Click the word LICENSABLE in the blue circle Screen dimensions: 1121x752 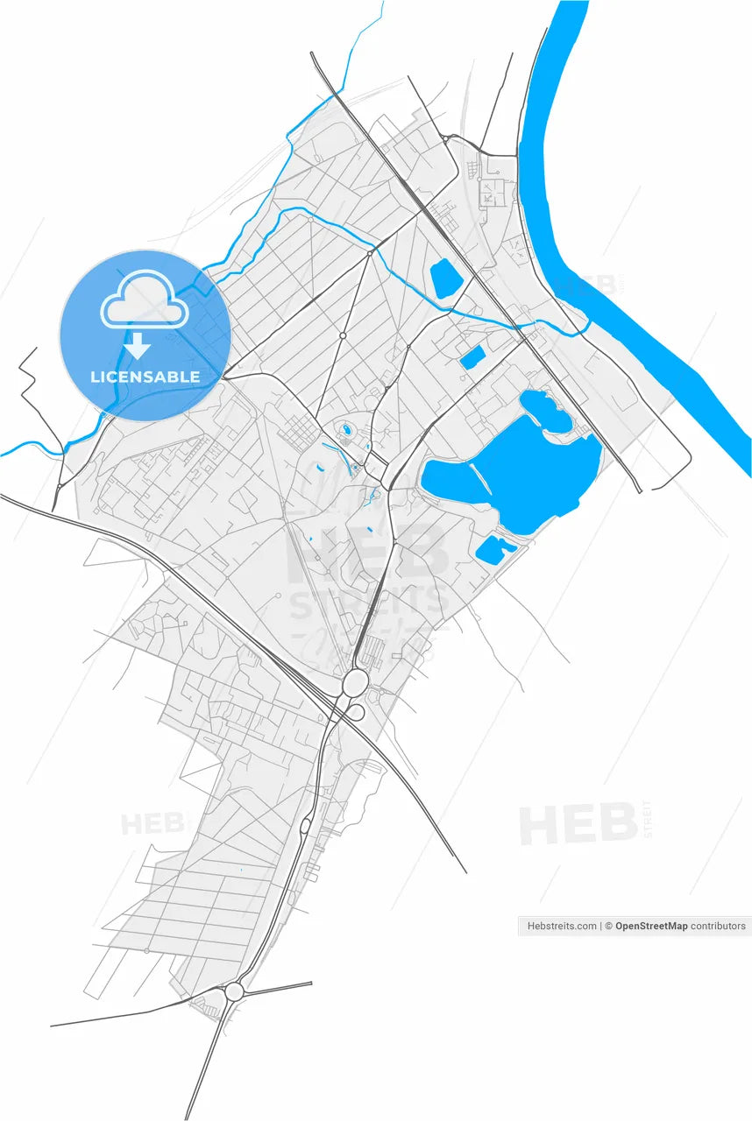145,377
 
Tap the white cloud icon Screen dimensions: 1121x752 145,300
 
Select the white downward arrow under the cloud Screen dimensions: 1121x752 137,347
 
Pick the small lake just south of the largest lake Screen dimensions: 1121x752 494,549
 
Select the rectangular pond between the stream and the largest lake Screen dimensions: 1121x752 472,356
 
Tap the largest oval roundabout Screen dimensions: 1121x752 355,683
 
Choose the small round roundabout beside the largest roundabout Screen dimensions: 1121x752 356,713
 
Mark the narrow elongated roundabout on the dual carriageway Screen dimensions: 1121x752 305,825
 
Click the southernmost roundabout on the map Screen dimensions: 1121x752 234,992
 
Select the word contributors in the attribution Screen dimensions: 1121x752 718,926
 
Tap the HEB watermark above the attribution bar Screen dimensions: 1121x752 578,824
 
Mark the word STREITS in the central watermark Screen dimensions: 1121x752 368,603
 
